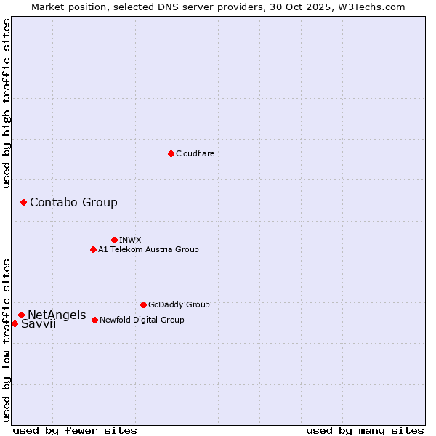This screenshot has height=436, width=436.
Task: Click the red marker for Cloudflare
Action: [x=171, y=153]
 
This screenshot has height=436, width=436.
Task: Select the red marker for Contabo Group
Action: [x=23, y=202]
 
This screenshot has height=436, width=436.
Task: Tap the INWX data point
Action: [x=114, y=240]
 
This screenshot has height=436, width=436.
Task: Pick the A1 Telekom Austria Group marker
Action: [x=93, y=249]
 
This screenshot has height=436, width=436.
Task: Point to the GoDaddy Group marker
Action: [x=143, y=304]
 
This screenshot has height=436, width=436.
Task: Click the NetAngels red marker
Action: [x=21, y=315]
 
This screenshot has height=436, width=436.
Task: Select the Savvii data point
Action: [x=15, y=323]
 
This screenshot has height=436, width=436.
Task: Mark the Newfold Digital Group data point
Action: [x=94, y=320]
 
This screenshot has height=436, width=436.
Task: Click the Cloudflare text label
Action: [x=195, y=153]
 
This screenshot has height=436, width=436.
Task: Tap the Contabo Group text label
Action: [x=73, y=202]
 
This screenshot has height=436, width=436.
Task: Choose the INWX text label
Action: [x=130, y=240]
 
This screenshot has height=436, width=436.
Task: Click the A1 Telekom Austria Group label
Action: [x=148, y=249]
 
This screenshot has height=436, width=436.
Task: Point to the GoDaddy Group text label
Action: [x=179, y=304]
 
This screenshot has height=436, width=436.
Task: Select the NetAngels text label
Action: [x=57, y=315]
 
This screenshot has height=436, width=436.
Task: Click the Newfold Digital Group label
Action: [x=142, y=320]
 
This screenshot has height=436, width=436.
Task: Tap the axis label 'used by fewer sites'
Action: [x=75, y=430]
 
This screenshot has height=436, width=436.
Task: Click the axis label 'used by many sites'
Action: [x=365, y=430]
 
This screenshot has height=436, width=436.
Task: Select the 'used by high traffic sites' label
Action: [x=7, y=103]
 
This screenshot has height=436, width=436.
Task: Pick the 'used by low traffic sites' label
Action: [x=7, y=339]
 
